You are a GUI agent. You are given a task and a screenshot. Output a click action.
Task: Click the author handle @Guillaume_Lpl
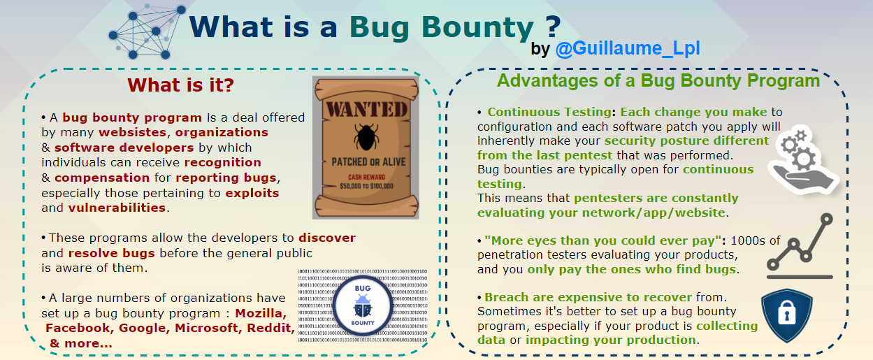627,50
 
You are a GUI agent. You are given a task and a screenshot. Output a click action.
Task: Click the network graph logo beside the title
148,31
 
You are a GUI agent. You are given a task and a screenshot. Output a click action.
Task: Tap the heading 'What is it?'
180,86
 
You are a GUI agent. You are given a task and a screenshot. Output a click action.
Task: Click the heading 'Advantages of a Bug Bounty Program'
658,80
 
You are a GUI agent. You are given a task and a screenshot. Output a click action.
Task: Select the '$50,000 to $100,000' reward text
366,186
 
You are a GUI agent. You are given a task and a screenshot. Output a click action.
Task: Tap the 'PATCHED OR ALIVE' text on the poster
366,161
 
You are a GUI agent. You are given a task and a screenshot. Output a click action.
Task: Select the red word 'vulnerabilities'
117,208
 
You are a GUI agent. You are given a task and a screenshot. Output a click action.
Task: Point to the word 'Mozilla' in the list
260,313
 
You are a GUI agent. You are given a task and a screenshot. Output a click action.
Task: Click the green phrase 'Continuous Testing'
549,113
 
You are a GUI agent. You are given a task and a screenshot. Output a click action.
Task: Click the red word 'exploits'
252,193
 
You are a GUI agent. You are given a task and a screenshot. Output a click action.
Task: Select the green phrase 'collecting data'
726,326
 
